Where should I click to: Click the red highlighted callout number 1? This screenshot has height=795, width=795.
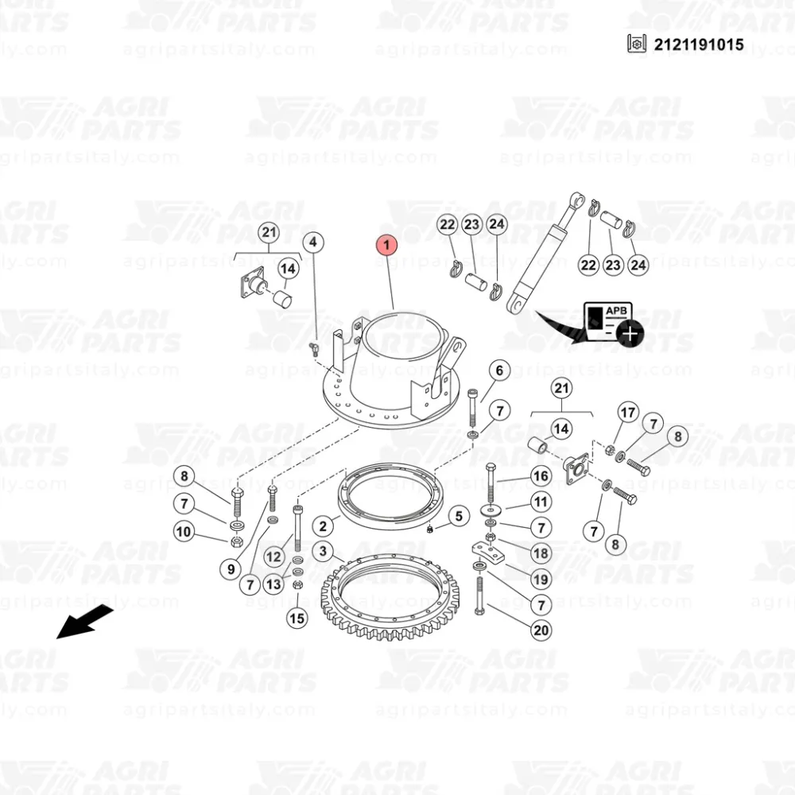tap(386, 245)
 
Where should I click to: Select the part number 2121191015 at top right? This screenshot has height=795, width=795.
tap(699, 45)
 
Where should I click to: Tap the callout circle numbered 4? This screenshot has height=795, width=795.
tap(313, 242)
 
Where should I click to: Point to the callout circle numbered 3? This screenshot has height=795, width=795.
tap(323, 551)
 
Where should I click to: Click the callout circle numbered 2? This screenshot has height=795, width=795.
tap(323, 526)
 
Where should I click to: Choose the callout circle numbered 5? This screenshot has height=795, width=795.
tap(459, 516)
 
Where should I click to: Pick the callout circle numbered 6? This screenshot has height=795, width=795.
tap(499, 371)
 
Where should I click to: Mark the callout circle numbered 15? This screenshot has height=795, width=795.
tap(297, 618)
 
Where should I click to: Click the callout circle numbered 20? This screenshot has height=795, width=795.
tap(541, 630)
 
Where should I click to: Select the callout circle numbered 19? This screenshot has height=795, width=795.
tap(541, 579)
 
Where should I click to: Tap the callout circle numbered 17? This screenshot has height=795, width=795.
tap(628, 413)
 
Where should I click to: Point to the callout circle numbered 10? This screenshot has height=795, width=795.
tap(184, 532)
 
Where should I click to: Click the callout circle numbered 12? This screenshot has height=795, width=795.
tap(273, 557)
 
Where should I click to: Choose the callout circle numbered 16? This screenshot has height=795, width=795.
tap(541, 476)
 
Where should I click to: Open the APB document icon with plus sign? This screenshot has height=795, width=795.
tap(614, 323)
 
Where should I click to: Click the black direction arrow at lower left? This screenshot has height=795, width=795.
tap(84, 622)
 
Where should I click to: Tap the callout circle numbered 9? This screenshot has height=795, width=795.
tap(231, 569)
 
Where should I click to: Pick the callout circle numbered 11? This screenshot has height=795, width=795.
tap(541, 502)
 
